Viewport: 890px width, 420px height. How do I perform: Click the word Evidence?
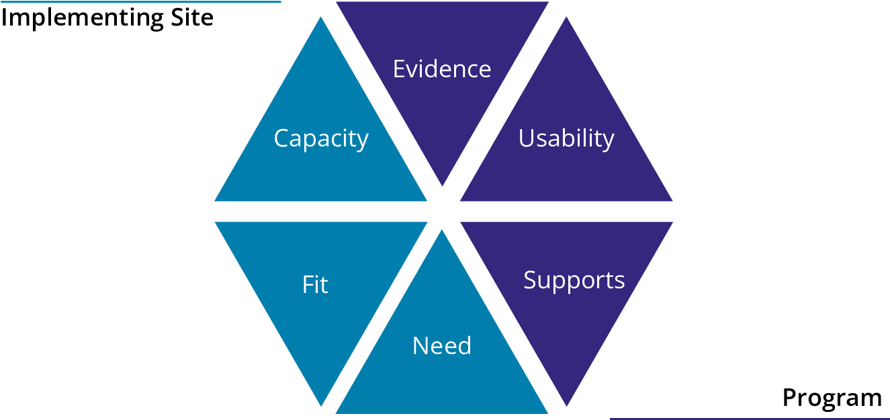(442, 69)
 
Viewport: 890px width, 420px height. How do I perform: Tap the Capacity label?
(321, 138)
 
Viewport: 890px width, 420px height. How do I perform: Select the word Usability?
(566, 138)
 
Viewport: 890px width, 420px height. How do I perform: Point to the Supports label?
(574, 280)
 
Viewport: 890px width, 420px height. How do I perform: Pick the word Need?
(442, 346)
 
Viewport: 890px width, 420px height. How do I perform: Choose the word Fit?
(315, 285)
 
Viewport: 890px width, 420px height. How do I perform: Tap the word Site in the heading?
(189, 17)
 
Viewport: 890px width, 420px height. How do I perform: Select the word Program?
(832, 398)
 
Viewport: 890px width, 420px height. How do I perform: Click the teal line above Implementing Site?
(141, 2)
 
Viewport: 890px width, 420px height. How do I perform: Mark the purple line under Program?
(749, 418)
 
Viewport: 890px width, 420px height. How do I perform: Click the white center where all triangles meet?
(443, 210)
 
